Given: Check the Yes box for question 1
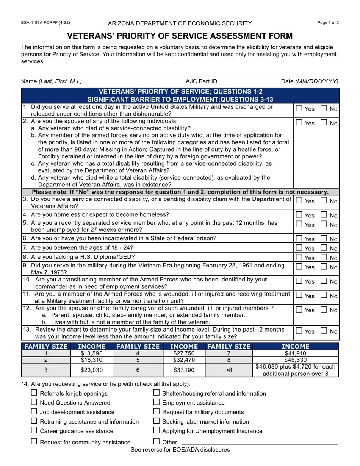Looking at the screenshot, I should tap(299, 108).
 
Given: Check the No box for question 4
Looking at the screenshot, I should tap(324, 215).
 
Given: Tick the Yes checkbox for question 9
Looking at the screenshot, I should tap(299, 267).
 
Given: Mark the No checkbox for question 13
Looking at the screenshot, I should tap(324, 331).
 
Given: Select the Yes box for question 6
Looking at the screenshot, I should tap(299, 238).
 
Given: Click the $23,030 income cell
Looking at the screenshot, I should tap(92, 370).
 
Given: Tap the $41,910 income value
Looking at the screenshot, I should tap(295, 353).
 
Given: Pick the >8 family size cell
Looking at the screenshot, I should tap(229, 370).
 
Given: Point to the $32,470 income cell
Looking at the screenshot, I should tap(184, 360).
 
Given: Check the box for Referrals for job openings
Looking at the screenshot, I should tap(34, 393).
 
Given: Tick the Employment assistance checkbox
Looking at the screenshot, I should tap(157, 402).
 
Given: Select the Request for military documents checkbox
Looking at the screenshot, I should tap(157, 411).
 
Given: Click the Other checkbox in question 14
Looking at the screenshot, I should tap(157, 441).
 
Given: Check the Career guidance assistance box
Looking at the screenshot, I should tap(34, 430).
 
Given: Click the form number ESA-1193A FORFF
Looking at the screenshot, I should tap(45, 23).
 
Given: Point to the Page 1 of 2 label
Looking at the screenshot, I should tap(328, 23).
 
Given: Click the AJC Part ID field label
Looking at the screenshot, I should tap(201, 81).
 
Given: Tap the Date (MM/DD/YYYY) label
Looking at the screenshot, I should tap(310, 81).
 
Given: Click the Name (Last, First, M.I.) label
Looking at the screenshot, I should tap(52, 81).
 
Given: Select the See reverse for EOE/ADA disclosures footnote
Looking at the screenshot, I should tap(180, 450).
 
